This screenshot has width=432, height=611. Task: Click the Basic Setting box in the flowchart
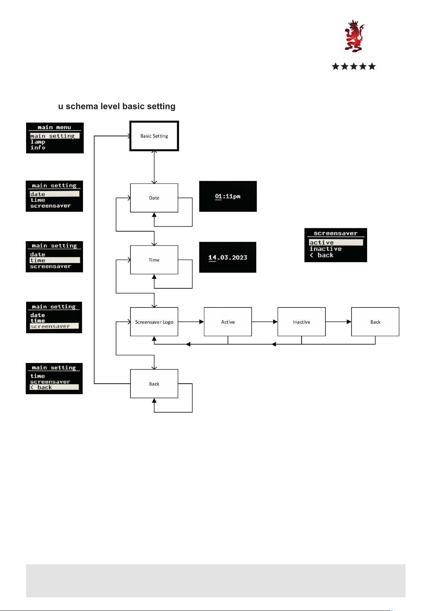[x=154, y=136]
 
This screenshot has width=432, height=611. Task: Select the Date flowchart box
[x=154, y=198]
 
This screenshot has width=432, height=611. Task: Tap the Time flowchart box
[x=154, y=260]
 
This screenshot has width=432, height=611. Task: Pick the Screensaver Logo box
[x=154, y=322]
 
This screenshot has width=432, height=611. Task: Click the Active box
[x=228, y=322]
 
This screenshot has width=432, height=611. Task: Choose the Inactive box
[x=301, y=322]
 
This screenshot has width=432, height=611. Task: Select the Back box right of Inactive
[x=375, y=322]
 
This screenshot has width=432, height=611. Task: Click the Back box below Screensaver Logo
[x=154, y=384]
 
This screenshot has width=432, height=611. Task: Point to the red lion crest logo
[x=354, y=36]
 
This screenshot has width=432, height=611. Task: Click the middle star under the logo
[x=354, y=66]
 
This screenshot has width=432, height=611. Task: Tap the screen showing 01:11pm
[x=228, y=196]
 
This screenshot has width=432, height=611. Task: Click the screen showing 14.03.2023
[x=228, y=257]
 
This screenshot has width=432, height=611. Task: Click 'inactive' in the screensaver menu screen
[x=325, y=249]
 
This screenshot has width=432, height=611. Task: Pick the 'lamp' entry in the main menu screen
[x=38, y=142]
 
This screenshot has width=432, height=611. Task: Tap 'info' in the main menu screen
[x=38, y=148]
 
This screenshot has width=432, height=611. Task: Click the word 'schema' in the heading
[x=82, y=106]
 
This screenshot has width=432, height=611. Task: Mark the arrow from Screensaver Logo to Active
[x=191, y=322]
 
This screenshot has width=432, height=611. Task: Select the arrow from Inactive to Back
[x=338, y=322]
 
